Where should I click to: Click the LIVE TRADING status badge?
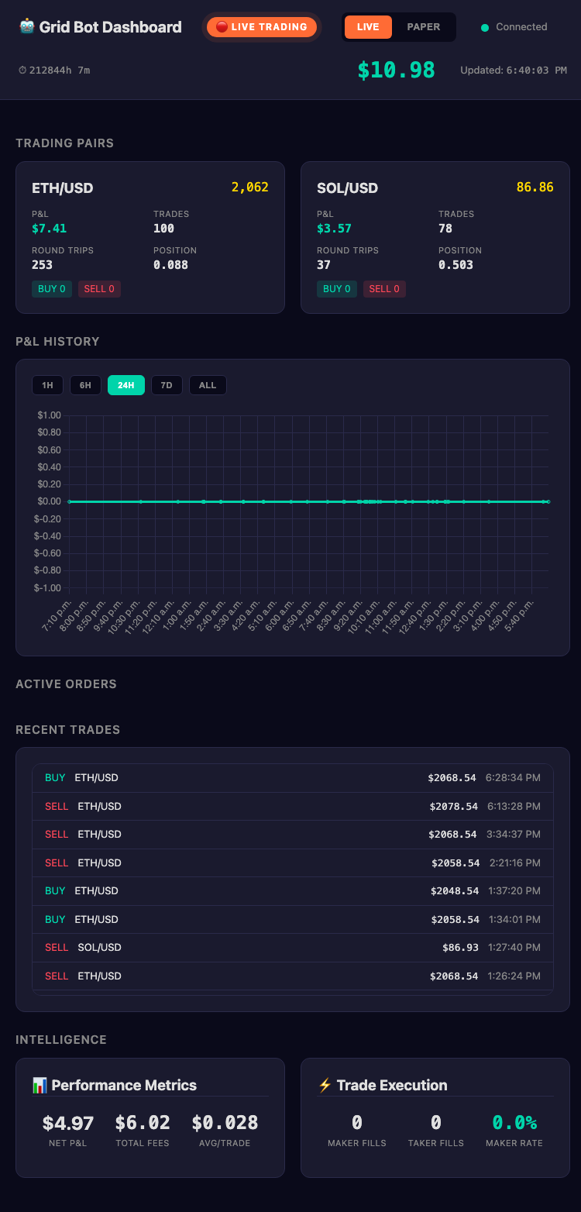tap(262, 27)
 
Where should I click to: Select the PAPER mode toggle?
tap(424, 27)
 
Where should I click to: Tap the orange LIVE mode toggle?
tap(368, 27)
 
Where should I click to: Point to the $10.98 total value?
tap(396, 71)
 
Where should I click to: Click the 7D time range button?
tap(167, 385)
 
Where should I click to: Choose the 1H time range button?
tap(47, 385)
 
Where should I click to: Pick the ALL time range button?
tap(208, 385)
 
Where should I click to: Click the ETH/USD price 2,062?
tap(249, 188)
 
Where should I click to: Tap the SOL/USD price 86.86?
tap(535, 188)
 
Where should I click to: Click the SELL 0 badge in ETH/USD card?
tap(99, 289)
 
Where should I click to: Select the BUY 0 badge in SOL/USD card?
tap(337, 289)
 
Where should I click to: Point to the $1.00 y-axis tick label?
tap(49, 415)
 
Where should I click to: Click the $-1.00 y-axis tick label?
tap(48, 587)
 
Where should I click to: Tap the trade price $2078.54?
tap(453, 806)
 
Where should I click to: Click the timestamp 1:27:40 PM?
tap(514, 947)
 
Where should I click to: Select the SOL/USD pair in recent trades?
tap(99, 947)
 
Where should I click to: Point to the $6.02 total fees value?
tap(143, 1123)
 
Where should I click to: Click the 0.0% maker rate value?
tap(514, 1123)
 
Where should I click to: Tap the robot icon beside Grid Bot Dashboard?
tap(27, 27)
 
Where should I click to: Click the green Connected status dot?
tap(485, 28)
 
